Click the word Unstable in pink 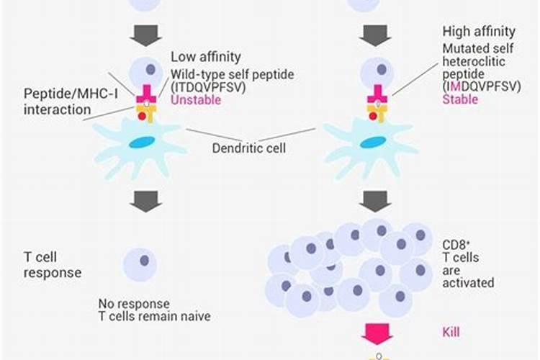[x=195, y=100]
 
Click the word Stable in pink [x=459, y=99]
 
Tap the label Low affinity [x=205, y=56]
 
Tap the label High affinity [x=480, y=32]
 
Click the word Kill [x=451, y=332]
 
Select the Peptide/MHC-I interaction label [x=58, y=102]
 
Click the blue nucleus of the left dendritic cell [x=141, y=143]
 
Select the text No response [x=134, y=303]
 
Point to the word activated [x=469, y=283]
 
